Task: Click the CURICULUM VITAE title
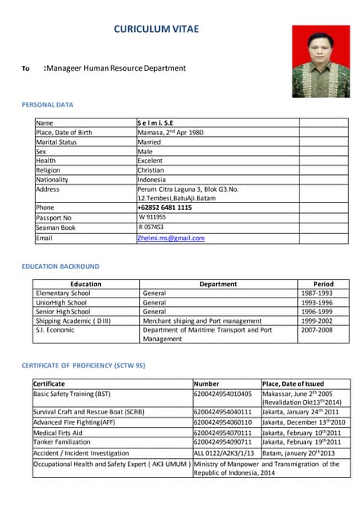click(157, 30)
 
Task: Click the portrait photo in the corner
click(320, 60)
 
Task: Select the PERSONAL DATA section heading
click(48, 104)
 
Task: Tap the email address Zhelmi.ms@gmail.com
click(171, 238)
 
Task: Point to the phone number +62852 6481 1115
click(165, 208)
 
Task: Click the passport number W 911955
click(153, 217)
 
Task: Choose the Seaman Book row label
click(55, 227)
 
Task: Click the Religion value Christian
click(151, 170)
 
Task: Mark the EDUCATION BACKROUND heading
click(60, 266)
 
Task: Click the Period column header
click(323, 284)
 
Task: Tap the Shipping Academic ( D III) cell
click(73, 321)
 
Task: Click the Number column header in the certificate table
click(207, 383)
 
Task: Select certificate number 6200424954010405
click(223, 394)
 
